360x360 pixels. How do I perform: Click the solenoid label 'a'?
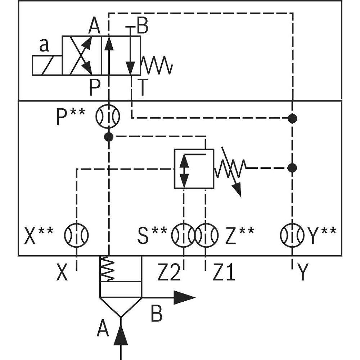point(44,46)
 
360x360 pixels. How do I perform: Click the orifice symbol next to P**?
point(107,116)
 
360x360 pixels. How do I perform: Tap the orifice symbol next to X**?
point(76,235)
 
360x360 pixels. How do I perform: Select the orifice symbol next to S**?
point(183,235)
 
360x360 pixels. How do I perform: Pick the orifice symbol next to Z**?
point(206,235)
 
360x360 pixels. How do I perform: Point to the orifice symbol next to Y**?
point(292,235)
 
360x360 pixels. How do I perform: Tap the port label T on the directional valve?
point(142,88)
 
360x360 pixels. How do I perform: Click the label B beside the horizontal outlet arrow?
point(156,314)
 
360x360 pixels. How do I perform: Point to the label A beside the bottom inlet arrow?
point(103,329)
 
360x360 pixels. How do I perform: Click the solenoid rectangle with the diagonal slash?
point(47,66)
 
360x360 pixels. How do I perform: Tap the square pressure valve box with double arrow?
point(194,168)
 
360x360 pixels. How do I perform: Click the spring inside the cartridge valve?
point(107,269)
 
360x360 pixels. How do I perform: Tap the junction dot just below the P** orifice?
point(108,136)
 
